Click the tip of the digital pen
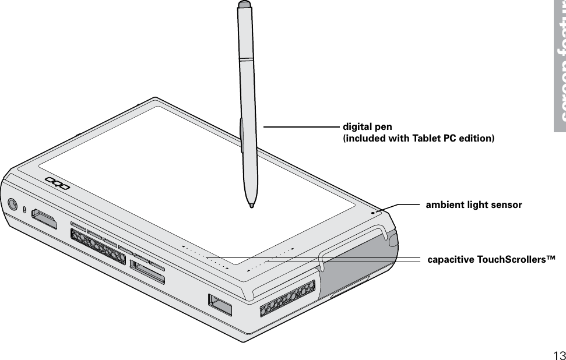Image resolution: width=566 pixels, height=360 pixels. [251, 206]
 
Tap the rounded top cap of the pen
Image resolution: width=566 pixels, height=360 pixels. [244, 5]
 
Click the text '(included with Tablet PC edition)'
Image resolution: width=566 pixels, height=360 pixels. [418, 138]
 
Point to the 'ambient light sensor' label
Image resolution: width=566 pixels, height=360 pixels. [474, 205]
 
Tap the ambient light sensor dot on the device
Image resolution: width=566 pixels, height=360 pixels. [373, 212]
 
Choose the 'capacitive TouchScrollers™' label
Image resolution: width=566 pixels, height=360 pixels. [491, 259]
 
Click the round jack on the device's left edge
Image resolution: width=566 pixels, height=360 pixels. [12, 204]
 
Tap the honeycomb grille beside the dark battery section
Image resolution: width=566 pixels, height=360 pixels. [287, 298]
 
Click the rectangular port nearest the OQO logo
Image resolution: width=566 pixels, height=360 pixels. [45, 219]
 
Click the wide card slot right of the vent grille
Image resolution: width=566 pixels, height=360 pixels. [147, 273]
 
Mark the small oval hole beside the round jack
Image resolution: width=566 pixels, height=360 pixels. [25, 209]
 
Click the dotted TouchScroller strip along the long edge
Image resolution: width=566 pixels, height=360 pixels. [204, 257]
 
